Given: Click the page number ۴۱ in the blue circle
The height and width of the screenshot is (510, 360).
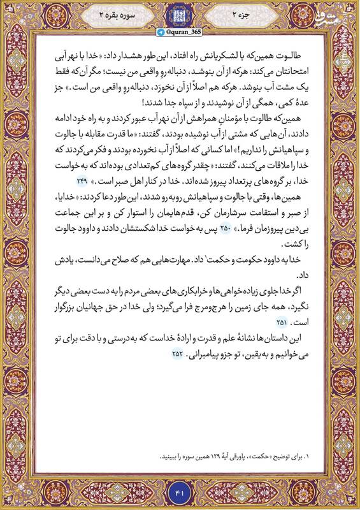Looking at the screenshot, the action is [180, 492].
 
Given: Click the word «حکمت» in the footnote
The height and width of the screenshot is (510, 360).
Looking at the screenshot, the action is [268, 456].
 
